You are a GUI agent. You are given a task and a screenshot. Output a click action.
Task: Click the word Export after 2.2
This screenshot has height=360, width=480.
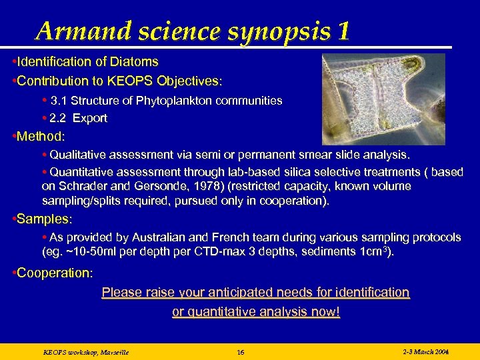[90, 118]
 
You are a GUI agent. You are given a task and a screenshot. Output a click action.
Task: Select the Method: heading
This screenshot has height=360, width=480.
[41, 137]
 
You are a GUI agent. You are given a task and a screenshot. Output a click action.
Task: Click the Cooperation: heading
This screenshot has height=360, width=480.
[55, 273]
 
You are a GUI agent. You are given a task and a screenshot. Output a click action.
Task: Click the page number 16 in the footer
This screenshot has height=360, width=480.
[241, 352]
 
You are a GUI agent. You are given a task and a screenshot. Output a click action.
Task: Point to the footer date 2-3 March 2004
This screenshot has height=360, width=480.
[426, 351]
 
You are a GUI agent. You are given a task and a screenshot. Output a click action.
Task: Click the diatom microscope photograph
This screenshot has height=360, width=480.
[383, 99]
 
